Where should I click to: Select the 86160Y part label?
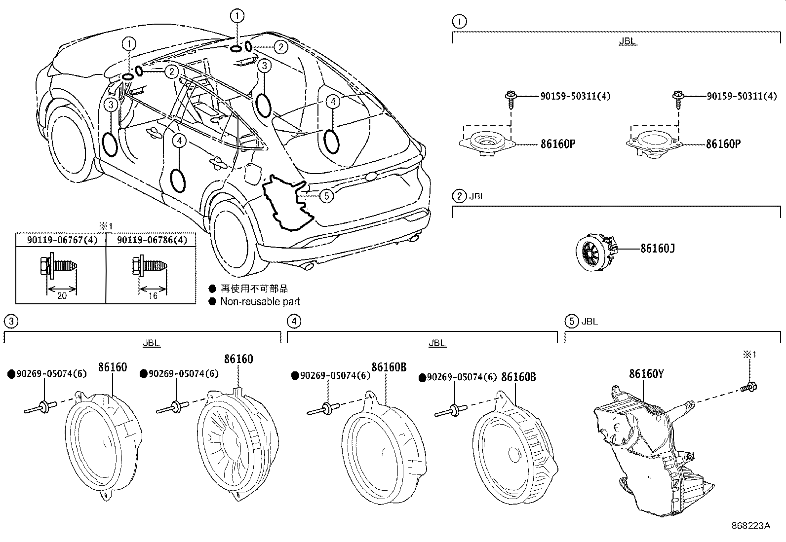(x=646, y=374)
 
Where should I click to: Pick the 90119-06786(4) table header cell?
(x=152, y=240)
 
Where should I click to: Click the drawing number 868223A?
(x=750, y=526)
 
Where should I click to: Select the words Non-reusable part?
(x=260, y=301)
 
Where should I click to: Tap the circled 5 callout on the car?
(x=326, y=196)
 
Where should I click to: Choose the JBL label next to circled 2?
(x=477, y=196)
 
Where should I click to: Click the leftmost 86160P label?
(x=558, y=144)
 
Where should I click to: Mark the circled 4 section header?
(x=293, y=322)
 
